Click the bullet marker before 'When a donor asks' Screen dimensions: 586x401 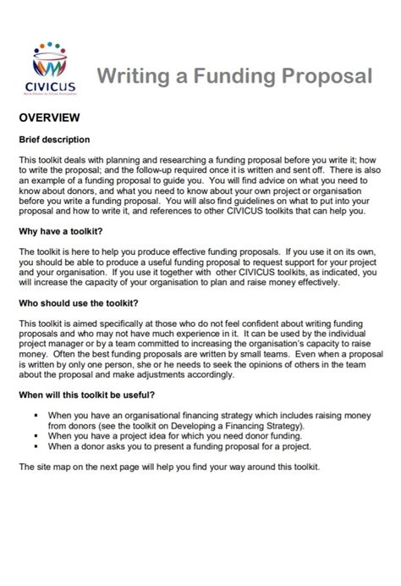(38, 446)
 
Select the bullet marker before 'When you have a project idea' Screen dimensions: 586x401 (38, 436)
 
